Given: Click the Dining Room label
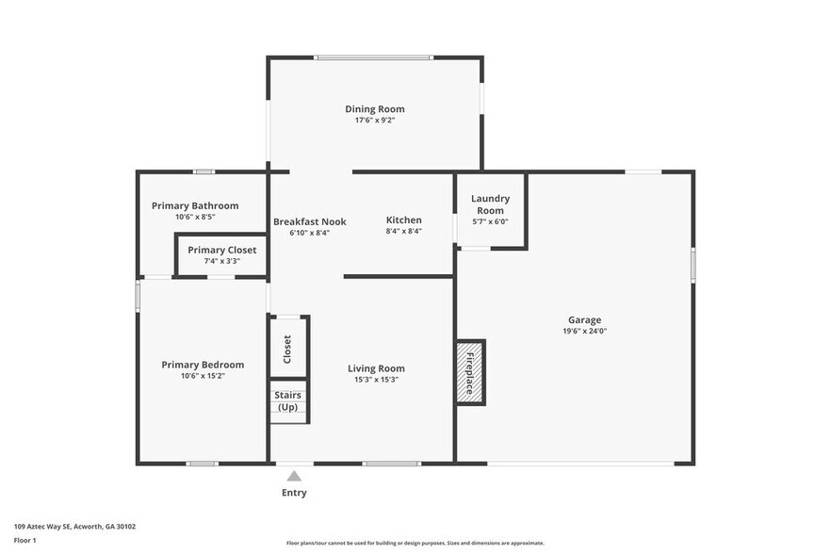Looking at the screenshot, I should point(374,109).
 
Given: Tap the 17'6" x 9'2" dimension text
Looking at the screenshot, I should point(374,121).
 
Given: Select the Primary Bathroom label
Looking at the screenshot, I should point(195,205).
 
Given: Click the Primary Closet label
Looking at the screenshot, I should point(220,250).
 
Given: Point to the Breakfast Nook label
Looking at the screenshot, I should point(309,221).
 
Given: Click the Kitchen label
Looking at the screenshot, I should point(403,220).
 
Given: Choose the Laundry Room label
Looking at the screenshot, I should point(490,204).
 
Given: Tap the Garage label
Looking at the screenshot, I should point(584,319).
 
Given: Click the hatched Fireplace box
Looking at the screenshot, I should point(470,372).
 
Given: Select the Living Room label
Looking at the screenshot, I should point(376,368).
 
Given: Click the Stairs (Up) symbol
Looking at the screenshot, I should point(288,401).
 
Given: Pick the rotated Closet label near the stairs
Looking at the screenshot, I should point(287,349).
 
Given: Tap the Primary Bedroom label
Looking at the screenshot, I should point(203,365).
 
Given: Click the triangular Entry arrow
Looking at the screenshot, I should point(294,476).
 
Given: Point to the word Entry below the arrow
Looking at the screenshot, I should point(294,493).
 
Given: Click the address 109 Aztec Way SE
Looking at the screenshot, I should point(74,527).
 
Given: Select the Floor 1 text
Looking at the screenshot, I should point(24,540).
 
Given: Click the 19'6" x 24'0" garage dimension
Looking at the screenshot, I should point(584,331).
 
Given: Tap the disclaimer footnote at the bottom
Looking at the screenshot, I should point(415,543).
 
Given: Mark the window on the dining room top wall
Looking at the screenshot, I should point(374,58).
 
